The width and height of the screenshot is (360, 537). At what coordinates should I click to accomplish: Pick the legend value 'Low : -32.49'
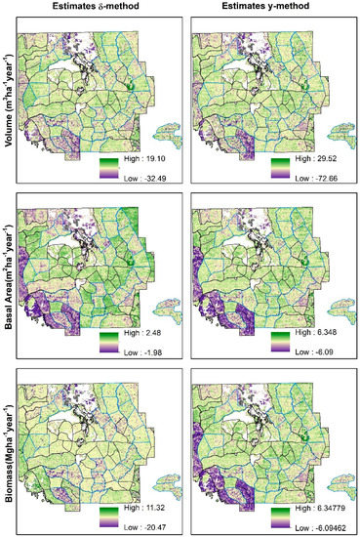pyautogui.click(x=144, y=177)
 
